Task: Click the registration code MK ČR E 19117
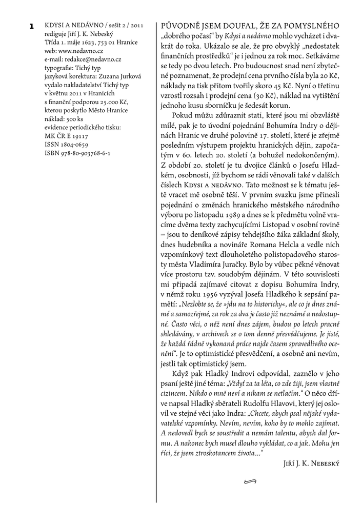(67, 136)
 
